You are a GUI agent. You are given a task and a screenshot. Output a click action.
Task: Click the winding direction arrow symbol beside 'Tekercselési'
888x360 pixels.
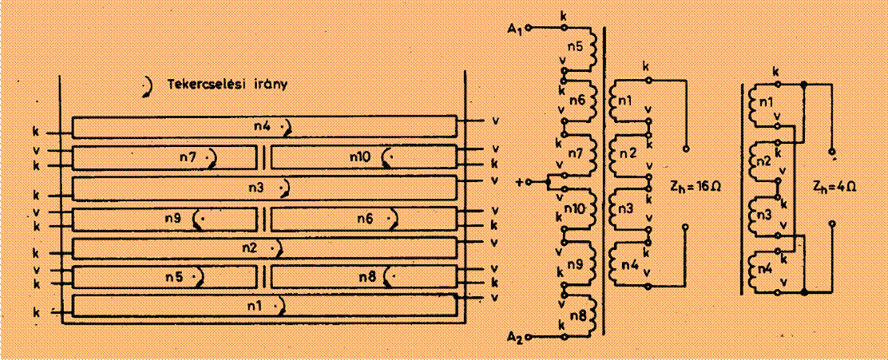point(149,87)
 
